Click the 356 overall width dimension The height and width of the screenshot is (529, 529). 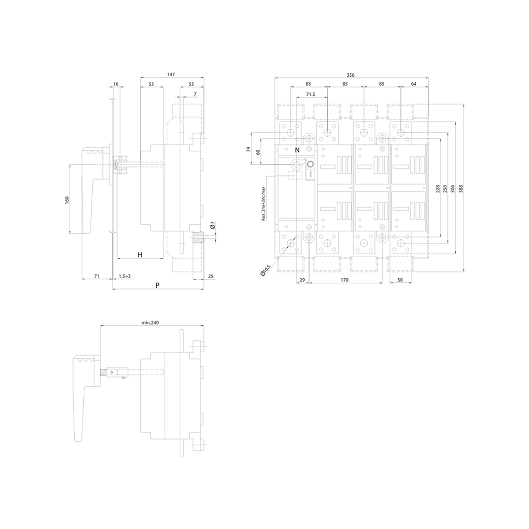point(350,75)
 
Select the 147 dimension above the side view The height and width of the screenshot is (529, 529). point(171,74)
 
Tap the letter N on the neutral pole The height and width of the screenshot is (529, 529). point(297,150)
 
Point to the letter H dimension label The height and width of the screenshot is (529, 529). point(140,255)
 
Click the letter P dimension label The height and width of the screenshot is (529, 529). point(158,285)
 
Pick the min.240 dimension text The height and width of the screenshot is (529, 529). point(150,322)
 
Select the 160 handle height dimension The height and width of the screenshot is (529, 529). point(67,200)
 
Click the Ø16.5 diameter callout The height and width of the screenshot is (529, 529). point(266,270)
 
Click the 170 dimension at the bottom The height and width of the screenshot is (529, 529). point(344,280)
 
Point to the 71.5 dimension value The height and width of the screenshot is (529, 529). point(310,94)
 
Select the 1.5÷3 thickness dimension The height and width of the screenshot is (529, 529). point(125,276)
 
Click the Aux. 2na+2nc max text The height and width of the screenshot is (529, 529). point(263,204)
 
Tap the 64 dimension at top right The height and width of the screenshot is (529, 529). point(414,84)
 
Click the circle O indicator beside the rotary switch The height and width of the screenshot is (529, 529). point(310,165)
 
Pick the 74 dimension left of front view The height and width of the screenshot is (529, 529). point(249,149)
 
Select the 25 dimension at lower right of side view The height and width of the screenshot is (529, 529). point(211,276)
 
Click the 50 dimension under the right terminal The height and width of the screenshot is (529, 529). point(400,280)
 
